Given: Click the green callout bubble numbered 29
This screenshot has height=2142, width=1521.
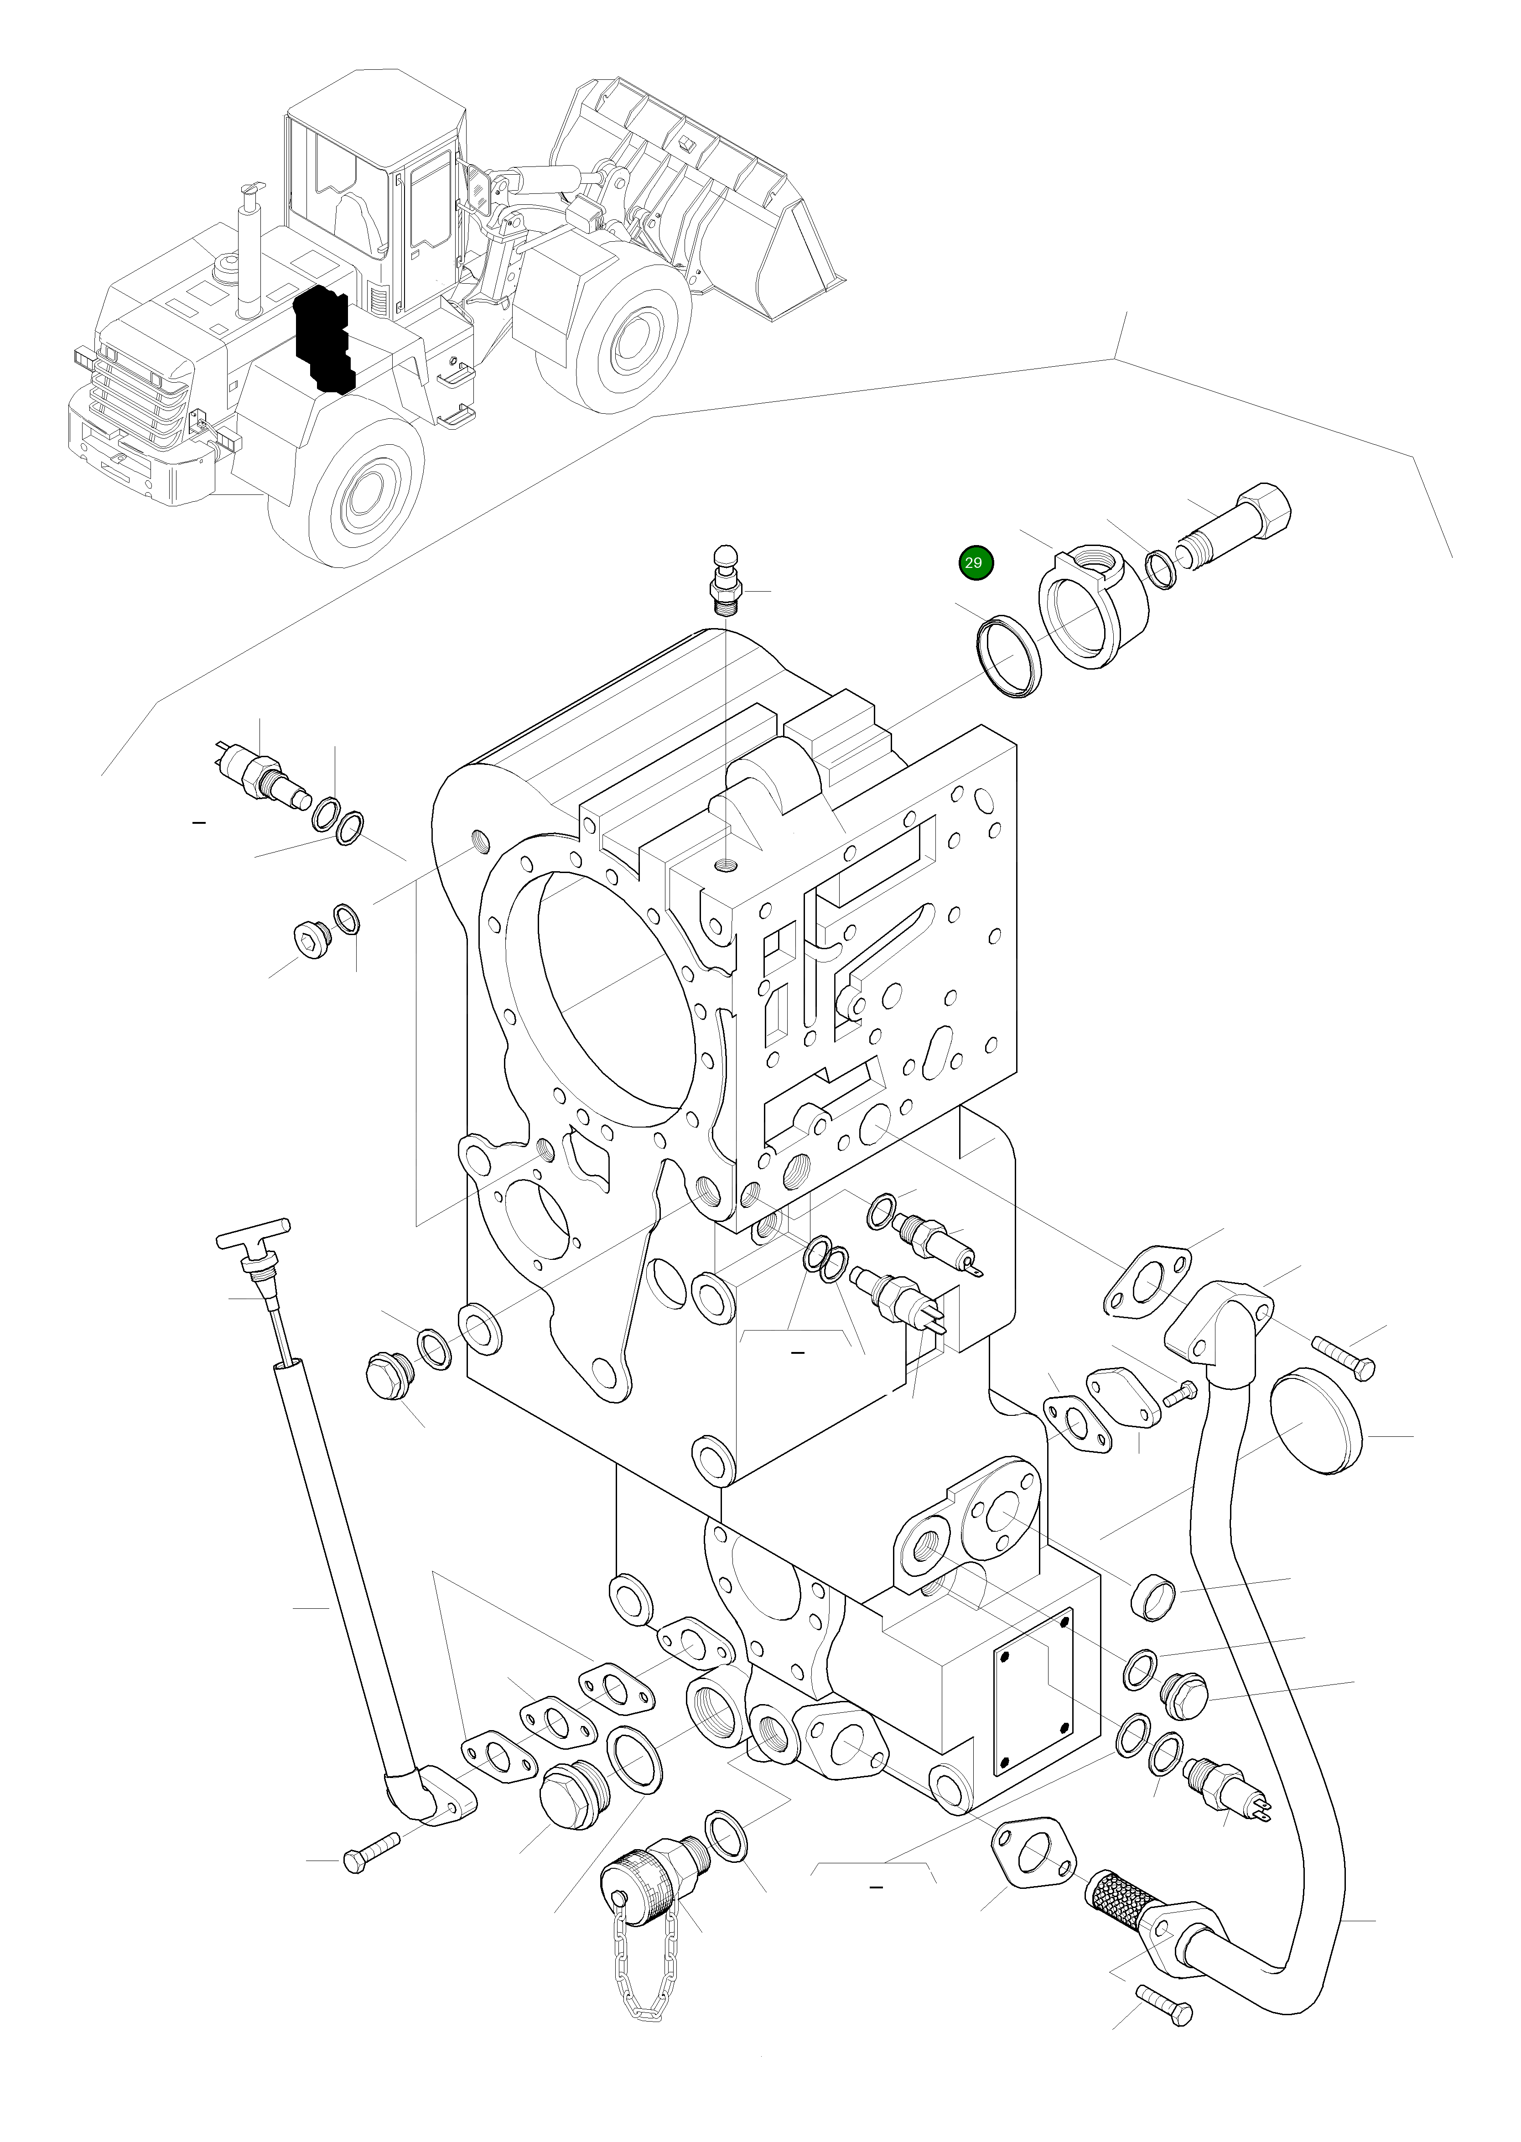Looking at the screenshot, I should pos(974,563).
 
